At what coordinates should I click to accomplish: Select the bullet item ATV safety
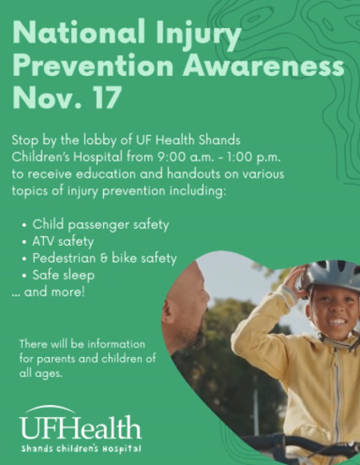pyautogui.click(x=63, y=241)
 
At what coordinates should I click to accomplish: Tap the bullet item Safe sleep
pyautogui.click(x=63, y=275)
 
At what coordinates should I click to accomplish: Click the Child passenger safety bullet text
pyautogui.click(x=101, y=224)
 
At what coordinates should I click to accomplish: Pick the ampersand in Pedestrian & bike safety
pyautogui.click(x=103, y=259)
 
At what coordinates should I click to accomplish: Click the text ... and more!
pyautogui.click(x=48, y=292)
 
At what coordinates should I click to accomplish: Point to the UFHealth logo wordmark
pyautogui.click(x=80, y=427)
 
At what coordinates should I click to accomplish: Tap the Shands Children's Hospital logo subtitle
pyautogui.click(x=81, y=448)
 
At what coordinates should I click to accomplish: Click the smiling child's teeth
pyautogui.click(x=338, y=322)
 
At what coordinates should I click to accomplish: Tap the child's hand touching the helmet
pyautogui.click(x=294, y=282)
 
